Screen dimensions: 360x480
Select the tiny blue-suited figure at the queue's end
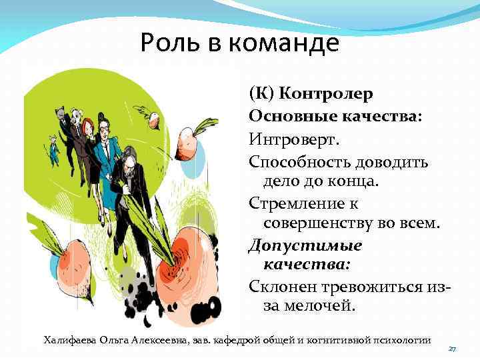coord(53,150)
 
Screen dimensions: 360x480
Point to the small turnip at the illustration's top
coord(155,120)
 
